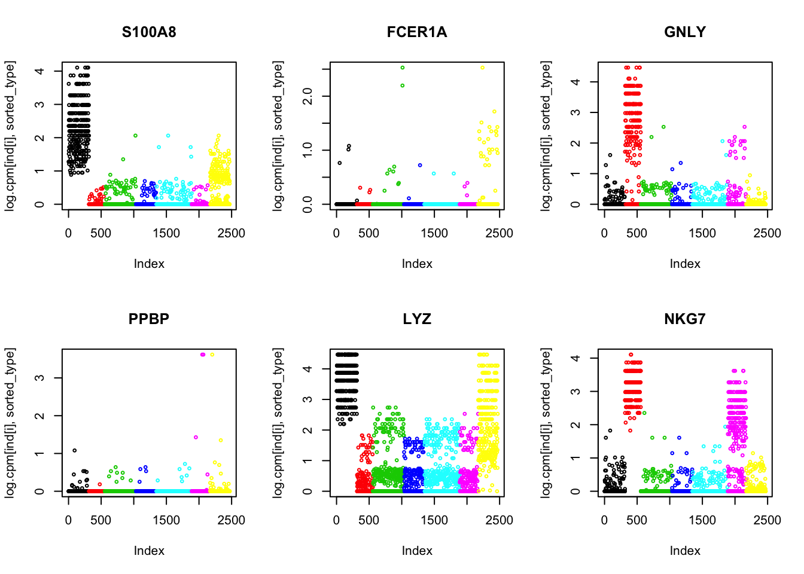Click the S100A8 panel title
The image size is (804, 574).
point(149,32)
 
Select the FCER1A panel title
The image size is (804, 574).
point(417,32)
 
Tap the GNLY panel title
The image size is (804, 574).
point(685,32)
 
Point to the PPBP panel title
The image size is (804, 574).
point(149,319)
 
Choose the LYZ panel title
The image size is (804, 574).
point(417,319)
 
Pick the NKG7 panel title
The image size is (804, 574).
point(685,319)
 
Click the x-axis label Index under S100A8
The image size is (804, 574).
point(149,264)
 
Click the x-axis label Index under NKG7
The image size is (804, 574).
point(685,551)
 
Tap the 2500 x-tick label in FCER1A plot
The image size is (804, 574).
point(500,233)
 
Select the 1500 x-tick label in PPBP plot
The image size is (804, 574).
point(166,520)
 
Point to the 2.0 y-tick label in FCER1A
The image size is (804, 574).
point(308,96)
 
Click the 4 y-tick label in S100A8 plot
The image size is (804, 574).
point(40,71)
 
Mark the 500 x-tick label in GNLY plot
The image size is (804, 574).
point(636,233)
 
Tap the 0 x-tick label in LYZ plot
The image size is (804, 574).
point(336,520)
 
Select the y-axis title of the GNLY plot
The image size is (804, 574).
point(546,136)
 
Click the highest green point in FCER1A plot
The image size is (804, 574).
point(403,68)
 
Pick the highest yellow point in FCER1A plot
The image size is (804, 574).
point(482,68)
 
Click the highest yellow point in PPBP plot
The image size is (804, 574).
point(212,355)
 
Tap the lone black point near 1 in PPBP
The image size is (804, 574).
point(74,450)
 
